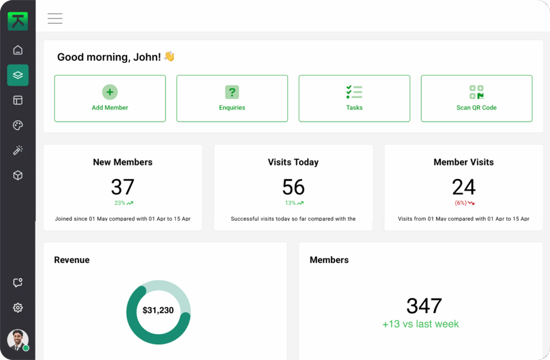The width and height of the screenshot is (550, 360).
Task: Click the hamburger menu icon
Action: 55,18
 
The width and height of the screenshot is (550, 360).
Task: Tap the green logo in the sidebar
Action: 18,20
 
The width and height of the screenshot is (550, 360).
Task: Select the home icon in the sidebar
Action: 18,50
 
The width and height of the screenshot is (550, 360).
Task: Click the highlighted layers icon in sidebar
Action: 18,75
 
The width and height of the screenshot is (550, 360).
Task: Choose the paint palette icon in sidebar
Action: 18,125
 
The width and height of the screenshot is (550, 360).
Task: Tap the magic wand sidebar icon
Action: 18,150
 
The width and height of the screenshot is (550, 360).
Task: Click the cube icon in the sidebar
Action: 18,175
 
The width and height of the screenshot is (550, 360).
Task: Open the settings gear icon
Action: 18,308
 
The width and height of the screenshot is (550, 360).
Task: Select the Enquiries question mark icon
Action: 232,92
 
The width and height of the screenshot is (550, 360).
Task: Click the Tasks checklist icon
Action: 354,92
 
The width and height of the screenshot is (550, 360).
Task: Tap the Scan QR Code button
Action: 476,98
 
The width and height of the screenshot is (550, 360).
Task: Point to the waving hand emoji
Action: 170,56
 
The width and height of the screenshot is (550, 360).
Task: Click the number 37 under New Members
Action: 122,187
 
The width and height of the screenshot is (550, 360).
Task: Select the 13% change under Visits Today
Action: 294,203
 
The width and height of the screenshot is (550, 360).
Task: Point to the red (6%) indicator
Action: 464,203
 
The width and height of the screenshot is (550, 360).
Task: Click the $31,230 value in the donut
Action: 158,311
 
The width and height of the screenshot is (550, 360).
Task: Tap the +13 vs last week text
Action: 421,324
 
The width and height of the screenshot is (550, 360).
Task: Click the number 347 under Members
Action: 424,306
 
